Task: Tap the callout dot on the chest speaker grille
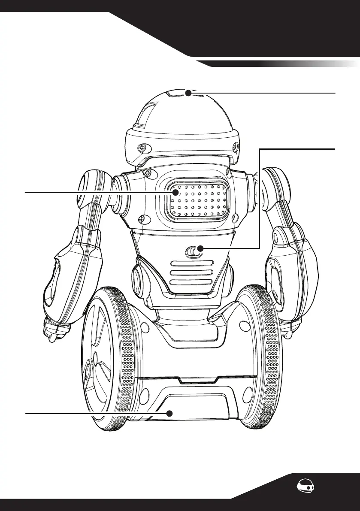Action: [175, 193]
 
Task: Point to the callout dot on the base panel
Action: [169, 413]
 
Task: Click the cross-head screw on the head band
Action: [141, 148]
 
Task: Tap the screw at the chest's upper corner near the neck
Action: [147, 173]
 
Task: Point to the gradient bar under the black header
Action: [283, 64]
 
